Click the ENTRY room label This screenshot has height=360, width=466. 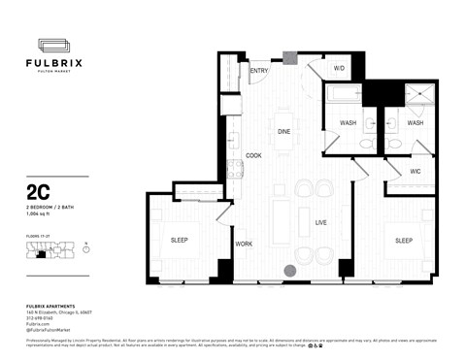pyautogui.click(x=258, y=71)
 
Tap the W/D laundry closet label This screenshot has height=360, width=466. pyautogui.click(x=340, y=69)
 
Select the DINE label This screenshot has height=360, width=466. pyautogui.click(x=284, y=131)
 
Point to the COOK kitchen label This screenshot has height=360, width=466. pyautogui.click(x=253, y=155)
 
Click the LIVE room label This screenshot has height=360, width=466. pyautogui.click(x=320, y=222)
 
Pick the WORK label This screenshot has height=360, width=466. pyautogui.click(x=244, y=244)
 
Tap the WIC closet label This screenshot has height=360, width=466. pyautogui.click(x=415, y=172)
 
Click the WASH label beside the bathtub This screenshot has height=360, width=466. pyautogui.click(x=349, y=123)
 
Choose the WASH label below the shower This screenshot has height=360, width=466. pyautogui.click(x=415, y=123)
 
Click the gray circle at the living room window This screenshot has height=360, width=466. pyautogui.click(x=290, y=272)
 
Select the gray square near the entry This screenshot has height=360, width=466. pyautogui.click(x=288, y=56)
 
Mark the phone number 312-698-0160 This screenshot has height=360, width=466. pyautogui.click(x=41, y=315)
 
